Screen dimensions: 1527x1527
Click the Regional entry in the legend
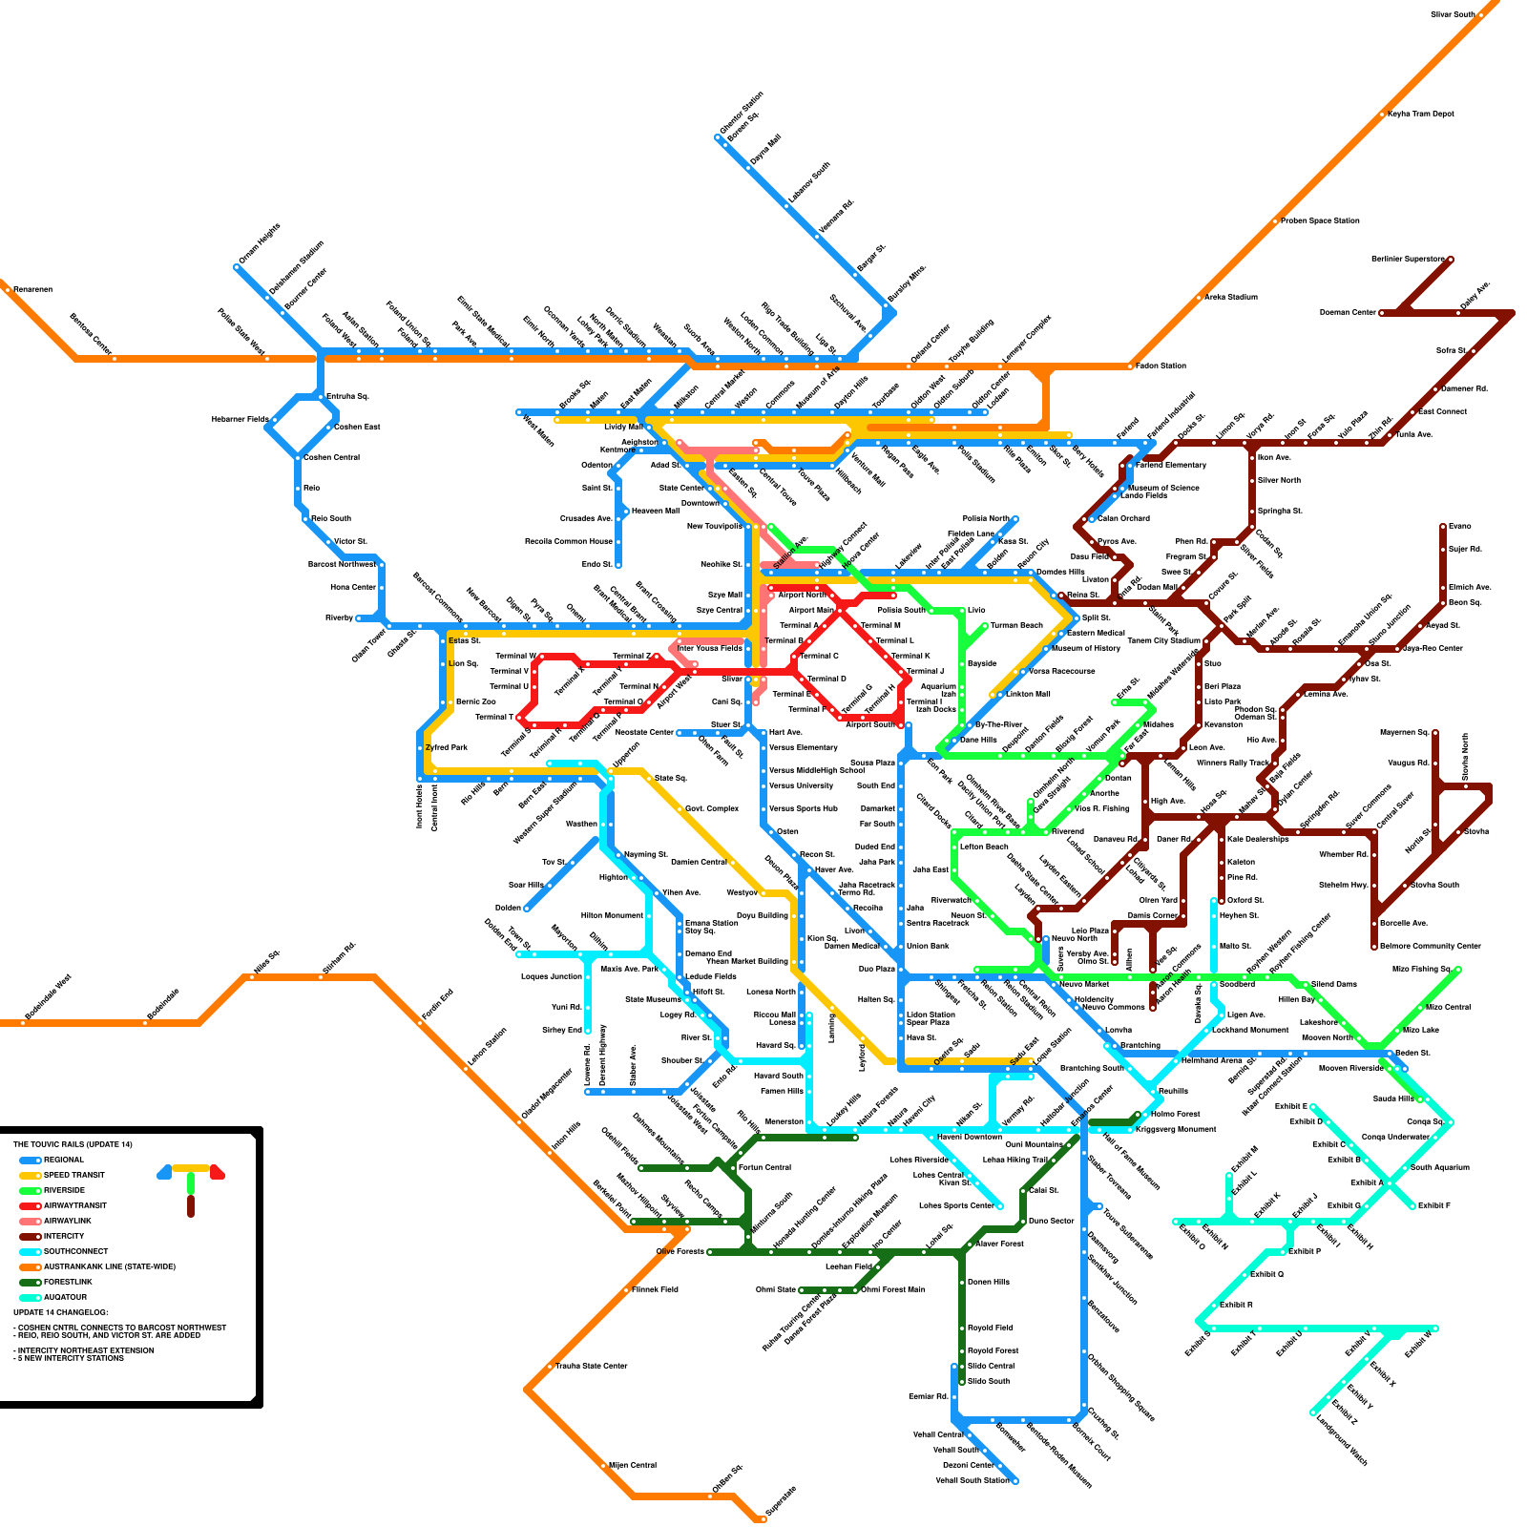tap(63, 1160)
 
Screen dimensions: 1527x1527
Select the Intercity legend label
tap(64, 1236)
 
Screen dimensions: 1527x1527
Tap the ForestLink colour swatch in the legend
tap(30, 1282)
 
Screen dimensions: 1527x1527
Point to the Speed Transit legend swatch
tap(30, 1175)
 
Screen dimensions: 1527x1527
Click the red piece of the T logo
tap(218, 1172)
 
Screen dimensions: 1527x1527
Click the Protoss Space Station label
tap(1320, 220)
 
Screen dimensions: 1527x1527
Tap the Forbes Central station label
tap(763, 1167)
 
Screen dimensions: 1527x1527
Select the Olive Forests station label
tap(680, 1251)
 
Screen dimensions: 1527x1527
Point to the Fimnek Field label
tap(655, 1289)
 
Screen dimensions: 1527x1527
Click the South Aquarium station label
tap(1439, 1167)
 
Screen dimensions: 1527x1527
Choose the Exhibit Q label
tap(1266, 1274)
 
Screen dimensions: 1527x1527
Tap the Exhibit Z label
tap(1344, 1413)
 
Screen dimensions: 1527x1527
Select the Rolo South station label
tap(331, 518)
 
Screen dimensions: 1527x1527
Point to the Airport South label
tap(870, 724)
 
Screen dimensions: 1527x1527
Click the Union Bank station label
tap(927, 946)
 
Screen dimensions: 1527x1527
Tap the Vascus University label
tap(801, 785)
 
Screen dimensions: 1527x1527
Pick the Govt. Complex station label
tap(711, 808)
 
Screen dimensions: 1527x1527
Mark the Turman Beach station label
tap(1016, 625)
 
